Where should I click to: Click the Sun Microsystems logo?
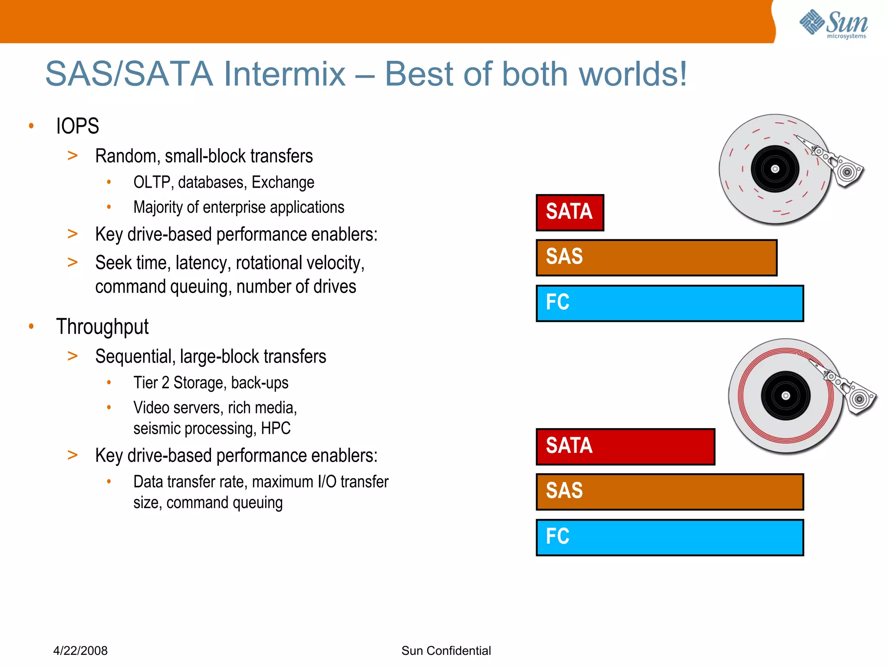[833, 24]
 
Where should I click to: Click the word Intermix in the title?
[284, 74]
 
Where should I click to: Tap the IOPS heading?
[77, 126]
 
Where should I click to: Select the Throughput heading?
[102, 327]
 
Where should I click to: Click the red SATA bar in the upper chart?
[570, 212]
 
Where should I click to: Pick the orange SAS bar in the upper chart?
[656, 258]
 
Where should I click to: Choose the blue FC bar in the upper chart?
[669, 303]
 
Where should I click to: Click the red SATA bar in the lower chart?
[625, 446]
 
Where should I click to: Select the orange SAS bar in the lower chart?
[669, 492]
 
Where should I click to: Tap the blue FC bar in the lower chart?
[669, 537]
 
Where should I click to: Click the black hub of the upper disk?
[775, 169]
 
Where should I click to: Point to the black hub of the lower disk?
[785, 396]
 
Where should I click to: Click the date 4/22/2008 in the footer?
[80, 650]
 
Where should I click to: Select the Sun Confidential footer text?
[446, 650]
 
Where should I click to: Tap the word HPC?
[276, 429]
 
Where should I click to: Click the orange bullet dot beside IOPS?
[31, 126]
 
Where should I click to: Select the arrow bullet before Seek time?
[72, 262]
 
